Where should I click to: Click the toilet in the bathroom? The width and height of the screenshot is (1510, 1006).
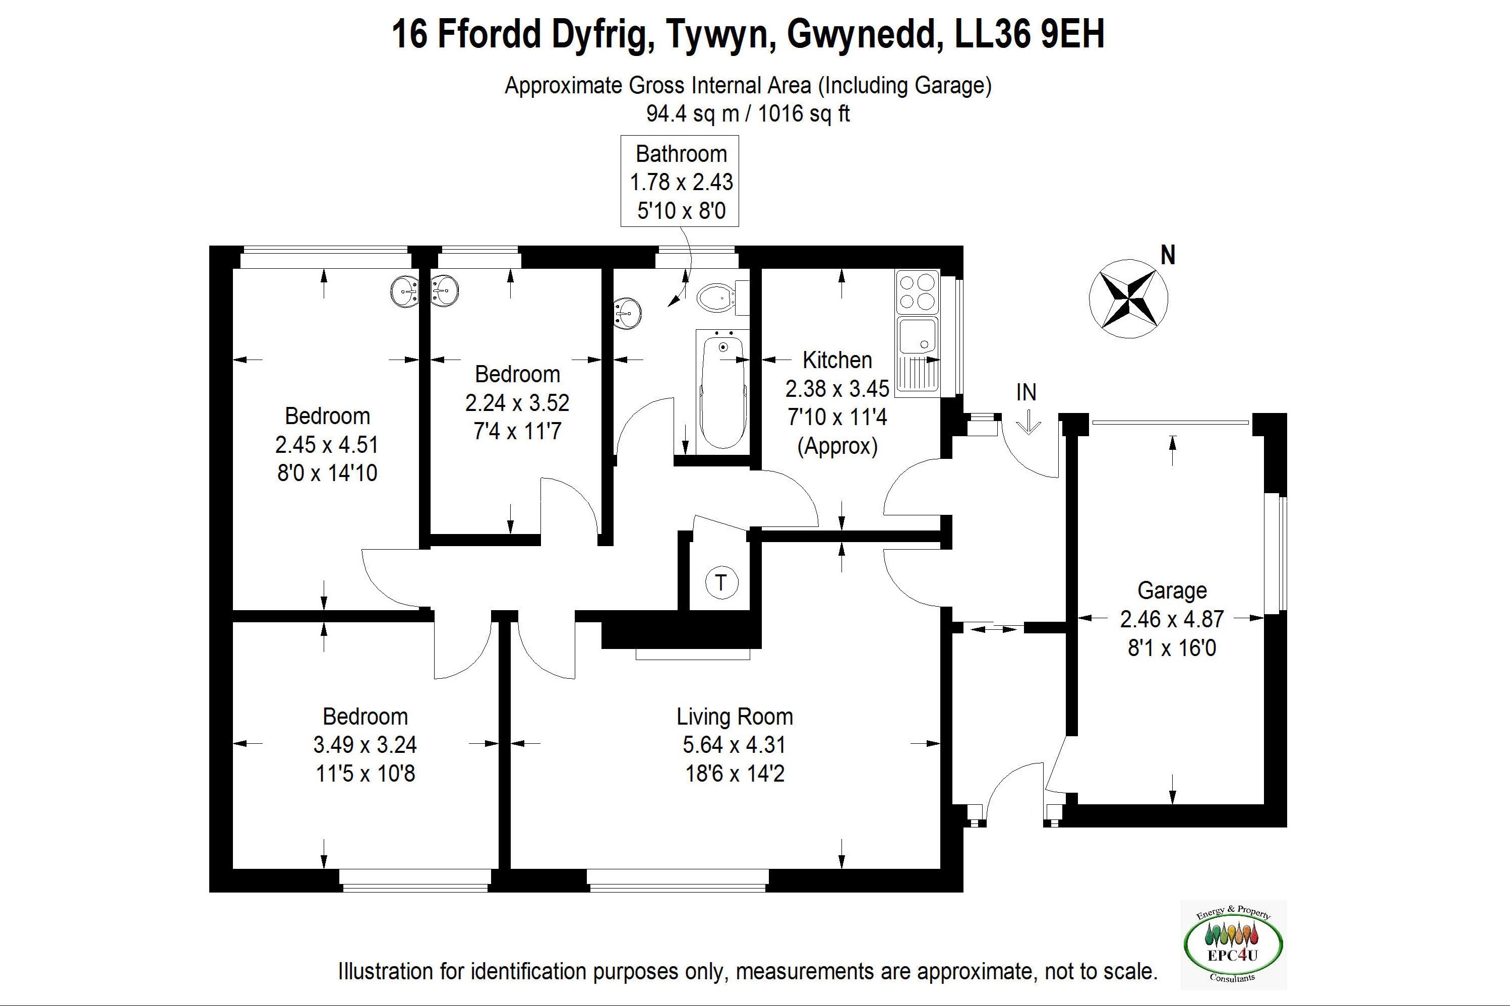pos(718,299)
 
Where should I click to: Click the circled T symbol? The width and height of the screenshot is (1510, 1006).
pos(721,582)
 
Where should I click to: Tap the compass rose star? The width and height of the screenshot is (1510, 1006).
pos(1128,299)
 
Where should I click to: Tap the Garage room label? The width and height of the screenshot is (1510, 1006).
pos(1172,590)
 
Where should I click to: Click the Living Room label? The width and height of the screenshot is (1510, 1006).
pos(735,716)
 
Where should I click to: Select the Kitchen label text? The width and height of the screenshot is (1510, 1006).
pos(837,360)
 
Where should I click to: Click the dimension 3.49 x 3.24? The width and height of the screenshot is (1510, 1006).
pos(365,744)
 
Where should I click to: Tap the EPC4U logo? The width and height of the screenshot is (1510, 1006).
pos(1233,945)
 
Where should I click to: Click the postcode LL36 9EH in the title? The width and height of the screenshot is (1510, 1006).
pos(1030,35)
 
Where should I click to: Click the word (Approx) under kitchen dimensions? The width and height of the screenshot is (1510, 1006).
pos(837,445)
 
